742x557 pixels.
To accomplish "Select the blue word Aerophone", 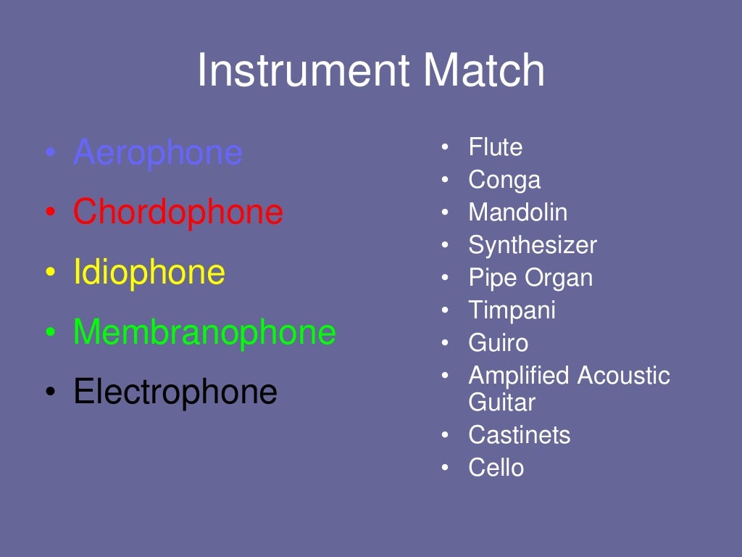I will click(x=157, y=153).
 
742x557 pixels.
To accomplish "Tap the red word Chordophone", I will click(x=178, y=213).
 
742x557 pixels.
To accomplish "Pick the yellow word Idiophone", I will click(x=149, y=273).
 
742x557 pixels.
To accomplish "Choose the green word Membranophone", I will click(x=204, y=332).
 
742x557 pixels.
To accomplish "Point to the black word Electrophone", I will click(x=175, y=392).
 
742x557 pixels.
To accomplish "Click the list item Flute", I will click(x=495, y=147).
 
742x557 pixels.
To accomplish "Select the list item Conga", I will click(x=504, y=180).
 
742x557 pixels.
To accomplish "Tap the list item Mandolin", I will click(x=517, y=213).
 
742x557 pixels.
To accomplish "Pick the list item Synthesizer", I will click(x=533, y=245).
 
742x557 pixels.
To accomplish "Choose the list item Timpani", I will click(x=512, y=310).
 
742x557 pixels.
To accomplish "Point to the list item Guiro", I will click(x=498, y=343).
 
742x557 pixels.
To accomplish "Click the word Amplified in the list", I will click(x=519, y=376).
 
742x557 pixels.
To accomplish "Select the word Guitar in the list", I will click(x=501, y=402).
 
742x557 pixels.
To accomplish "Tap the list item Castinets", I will click(x=519, y=435).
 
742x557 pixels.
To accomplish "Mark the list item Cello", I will click(x=496, y=468).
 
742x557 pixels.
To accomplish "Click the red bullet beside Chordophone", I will click(x=49, y=213).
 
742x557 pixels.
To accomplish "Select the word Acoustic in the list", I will click(x=624, y=376).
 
